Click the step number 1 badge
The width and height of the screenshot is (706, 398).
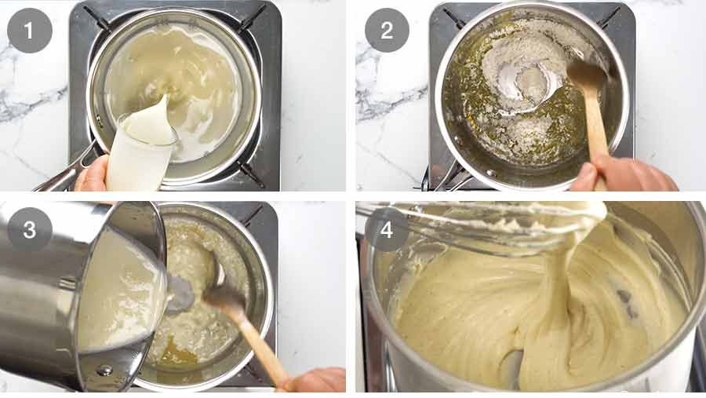click(x=29, y=31)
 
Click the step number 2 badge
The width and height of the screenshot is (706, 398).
click(x=387, y=31)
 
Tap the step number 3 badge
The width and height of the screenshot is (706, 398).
click(x=29, y=229)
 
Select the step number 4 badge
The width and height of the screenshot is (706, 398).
click(x=387, y=229)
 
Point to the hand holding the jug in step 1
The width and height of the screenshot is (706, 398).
click(x=92, y=174)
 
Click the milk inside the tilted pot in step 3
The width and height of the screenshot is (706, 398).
click(x=118, y=293)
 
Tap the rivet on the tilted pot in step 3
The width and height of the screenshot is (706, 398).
click(x=105, y=371)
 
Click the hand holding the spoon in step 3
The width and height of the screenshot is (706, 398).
click(x=315, y=379)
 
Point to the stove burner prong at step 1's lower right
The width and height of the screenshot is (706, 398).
click(x=250, y=173)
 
